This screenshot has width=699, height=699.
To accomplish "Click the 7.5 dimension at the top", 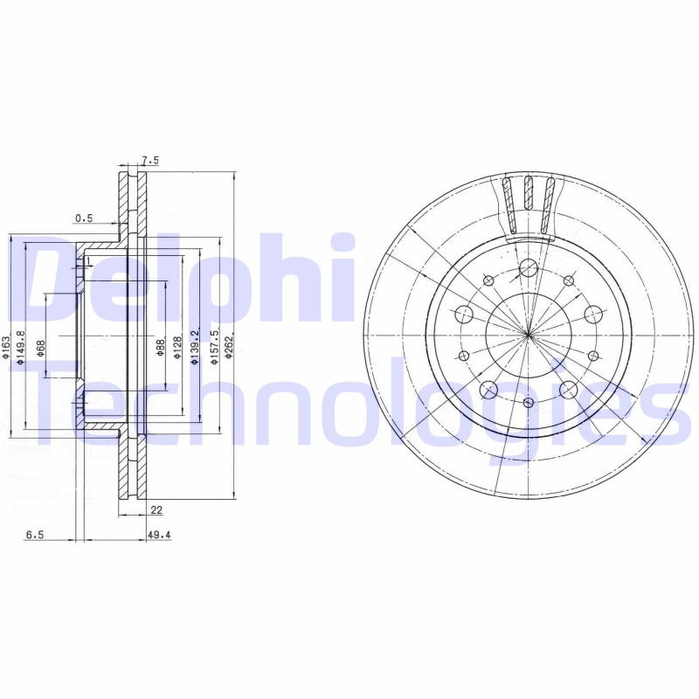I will [x=149, y=161].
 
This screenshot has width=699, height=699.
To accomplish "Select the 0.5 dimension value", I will [x=84, y=218].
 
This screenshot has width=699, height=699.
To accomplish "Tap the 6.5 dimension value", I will [x=34, y=536].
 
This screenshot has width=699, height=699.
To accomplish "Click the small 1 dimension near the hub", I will [x=89, y=260].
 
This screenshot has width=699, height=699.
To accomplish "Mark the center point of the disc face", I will [x=529, y=335].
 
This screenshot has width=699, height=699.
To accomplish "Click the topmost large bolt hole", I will [x=528, y=268].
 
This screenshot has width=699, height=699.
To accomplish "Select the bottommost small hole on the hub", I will [x=529, y=402].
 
